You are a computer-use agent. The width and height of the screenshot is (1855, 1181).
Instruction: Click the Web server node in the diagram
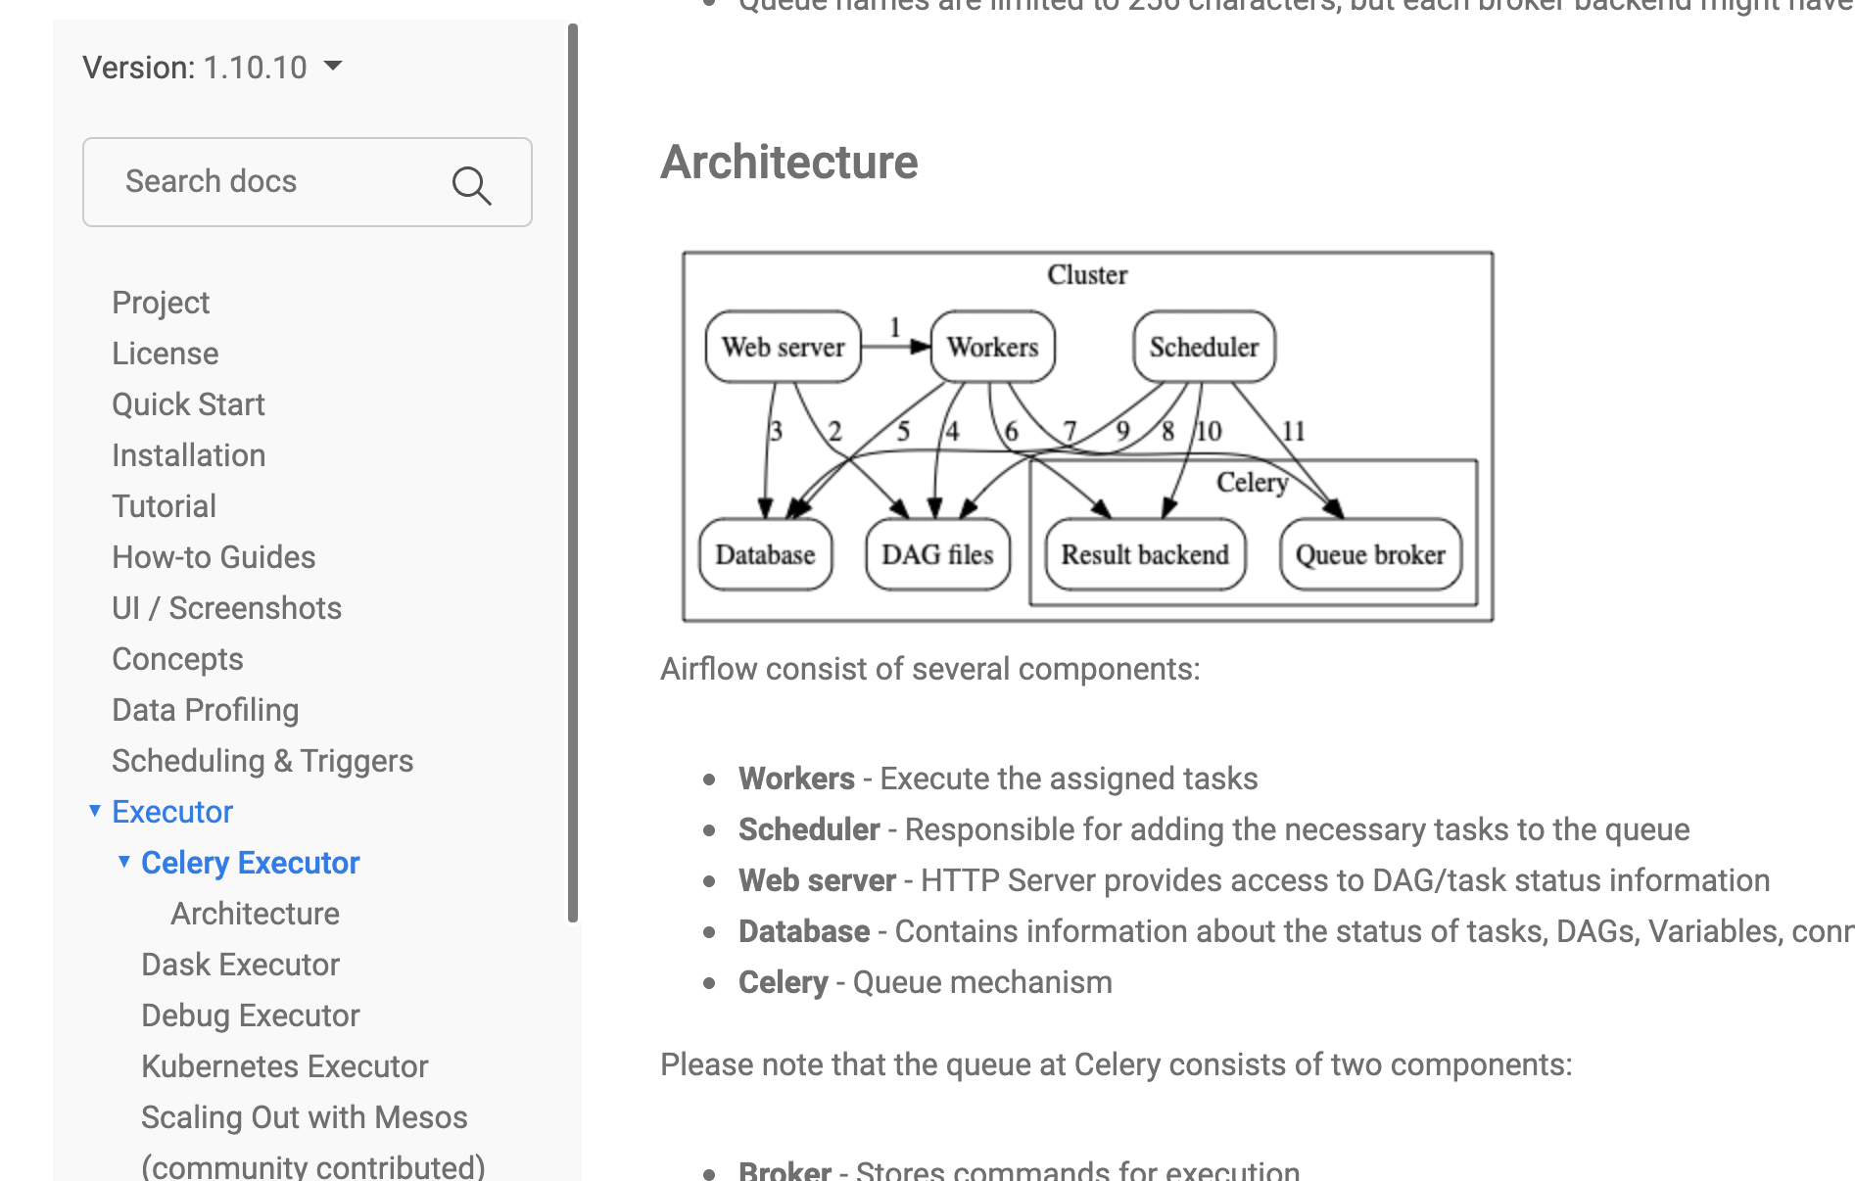click(783, 347)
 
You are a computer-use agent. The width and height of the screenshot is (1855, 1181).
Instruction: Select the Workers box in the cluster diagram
click(992, 347)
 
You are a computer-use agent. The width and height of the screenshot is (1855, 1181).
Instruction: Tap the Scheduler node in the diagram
click(1204, 347)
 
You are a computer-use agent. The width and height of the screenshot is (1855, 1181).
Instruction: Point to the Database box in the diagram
click(765, 554)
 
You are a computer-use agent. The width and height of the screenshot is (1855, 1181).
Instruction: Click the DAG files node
click(937, 554)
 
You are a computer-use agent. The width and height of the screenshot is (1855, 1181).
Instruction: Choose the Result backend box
click(1145, 554)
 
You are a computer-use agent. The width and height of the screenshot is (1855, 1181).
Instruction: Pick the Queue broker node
click(1370, 554)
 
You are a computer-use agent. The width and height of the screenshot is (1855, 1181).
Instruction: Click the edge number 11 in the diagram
click(1294, 431)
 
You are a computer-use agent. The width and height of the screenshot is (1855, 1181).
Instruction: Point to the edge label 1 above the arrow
click(894, 327)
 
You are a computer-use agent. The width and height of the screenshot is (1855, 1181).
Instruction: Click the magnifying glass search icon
click(471, 184)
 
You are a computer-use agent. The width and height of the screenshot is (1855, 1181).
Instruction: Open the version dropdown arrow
click(333, 66)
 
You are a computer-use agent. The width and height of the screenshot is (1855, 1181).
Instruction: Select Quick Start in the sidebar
click(188, 404)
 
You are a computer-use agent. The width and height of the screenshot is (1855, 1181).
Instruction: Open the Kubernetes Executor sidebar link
click(284, 1066)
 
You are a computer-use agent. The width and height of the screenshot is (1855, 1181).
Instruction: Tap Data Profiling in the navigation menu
click(205, 710)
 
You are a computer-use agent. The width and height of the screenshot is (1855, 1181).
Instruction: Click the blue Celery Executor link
click(250, 863)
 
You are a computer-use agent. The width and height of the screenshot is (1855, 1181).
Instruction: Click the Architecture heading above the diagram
click(789, 163)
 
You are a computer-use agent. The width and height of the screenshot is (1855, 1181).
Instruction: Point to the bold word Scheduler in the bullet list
click(809, 829)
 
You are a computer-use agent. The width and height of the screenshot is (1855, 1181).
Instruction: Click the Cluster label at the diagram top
click(1087, 275)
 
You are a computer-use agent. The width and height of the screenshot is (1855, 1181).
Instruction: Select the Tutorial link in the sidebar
click(164, 506)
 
